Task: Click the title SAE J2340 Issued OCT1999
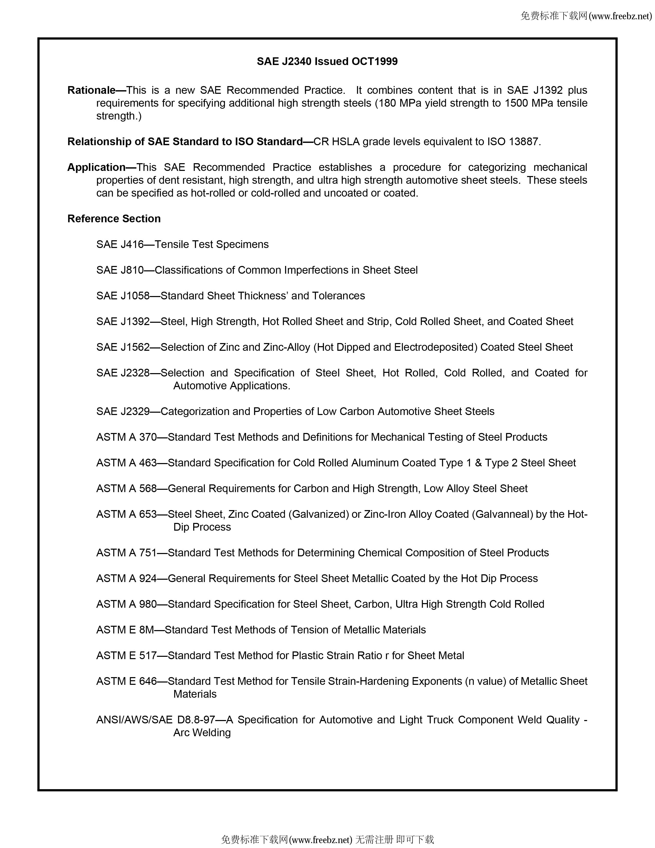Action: click(327, 61)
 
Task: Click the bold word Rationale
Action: click(91, 90)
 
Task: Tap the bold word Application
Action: click(96, 167)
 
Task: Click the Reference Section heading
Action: click(114, 219)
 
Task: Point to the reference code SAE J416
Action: click(120, 244)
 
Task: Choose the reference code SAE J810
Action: click(120, 270)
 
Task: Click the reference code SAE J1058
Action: click(123, 296)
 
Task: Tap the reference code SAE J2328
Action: click(123, 373)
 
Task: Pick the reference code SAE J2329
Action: click(123, 411)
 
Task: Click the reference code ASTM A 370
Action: click(126, 437)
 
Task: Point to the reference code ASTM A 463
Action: click(126, 463)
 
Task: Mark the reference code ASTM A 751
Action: click(126, 552)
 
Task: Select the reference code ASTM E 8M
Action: click(125, 629)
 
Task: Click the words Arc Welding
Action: click(202, 732)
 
